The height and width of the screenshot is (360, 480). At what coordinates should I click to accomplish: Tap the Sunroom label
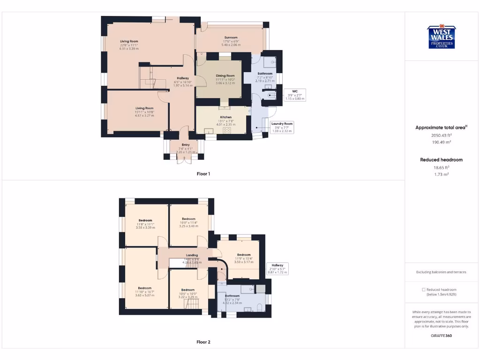tap(231, 37)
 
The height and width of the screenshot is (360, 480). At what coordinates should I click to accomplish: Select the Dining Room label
tap(225, 75)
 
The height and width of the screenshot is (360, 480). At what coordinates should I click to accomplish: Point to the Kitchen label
tap(226, 117)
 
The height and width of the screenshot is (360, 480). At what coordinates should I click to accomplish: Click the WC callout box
tap(295, 95)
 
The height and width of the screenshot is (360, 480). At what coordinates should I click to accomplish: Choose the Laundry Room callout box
tap(282, 127)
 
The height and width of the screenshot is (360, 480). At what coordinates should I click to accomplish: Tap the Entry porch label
tap(186, 145)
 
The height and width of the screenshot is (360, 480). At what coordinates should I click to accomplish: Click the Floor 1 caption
tap(203, 174)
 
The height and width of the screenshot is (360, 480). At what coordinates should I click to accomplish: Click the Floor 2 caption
tap(203, 342)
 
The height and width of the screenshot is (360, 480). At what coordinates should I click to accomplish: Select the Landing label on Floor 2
tap(192, 255)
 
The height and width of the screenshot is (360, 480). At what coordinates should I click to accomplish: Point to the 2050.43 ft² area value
tap(441, 135)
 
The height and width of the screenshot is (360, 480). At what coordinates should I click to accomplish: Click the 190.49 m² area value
tap(441, 142)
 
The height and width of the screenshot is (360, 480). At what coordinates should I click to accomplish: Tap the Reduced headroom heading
tap(441, 160)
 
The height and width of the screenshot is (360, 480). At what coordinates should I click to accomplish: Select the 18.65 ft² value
tap(441, 167)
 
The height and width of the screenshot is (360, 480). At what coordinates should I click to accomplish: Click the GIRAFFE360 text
tap(441, 336)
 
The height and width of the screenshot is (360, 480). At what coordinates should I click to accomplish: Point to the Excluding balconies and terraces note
tap(441, 272)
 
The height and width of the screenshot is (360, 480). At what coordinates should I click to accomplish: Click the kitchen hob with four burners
tap(227, 130)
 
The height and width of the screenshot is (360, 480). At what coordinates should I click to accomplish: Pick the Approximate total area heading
tap(441, 127)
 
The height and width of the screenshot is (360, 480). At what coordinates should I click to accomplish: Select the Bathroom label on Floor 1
tap(265, 74)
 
